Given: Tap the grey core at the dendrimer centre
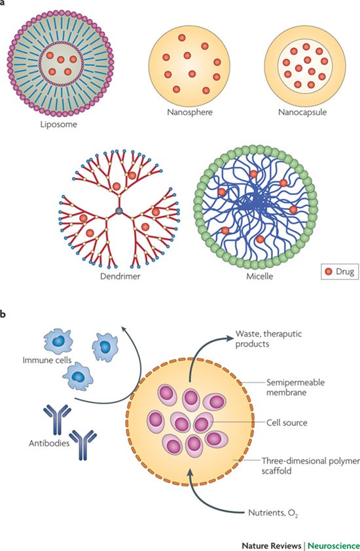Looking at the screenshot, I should (x=118, y=211).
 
